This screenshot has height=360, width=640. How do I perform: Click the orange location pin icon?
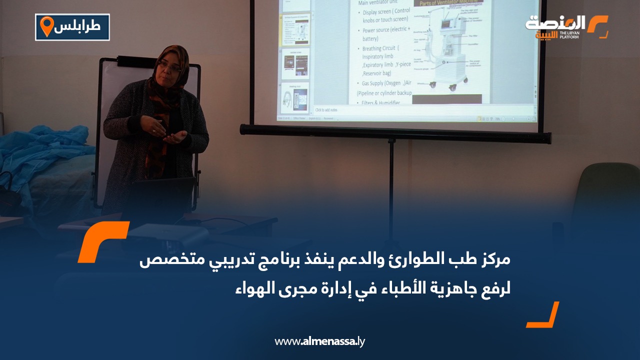[46, 26]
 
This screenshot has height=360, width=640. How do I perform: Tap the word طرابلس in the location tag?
[80, 27]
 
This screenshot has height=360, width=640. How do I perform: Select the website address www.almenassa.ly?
[320, 341]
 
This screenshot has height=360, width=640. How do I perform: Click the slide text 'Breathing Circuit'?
[381, 48]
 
